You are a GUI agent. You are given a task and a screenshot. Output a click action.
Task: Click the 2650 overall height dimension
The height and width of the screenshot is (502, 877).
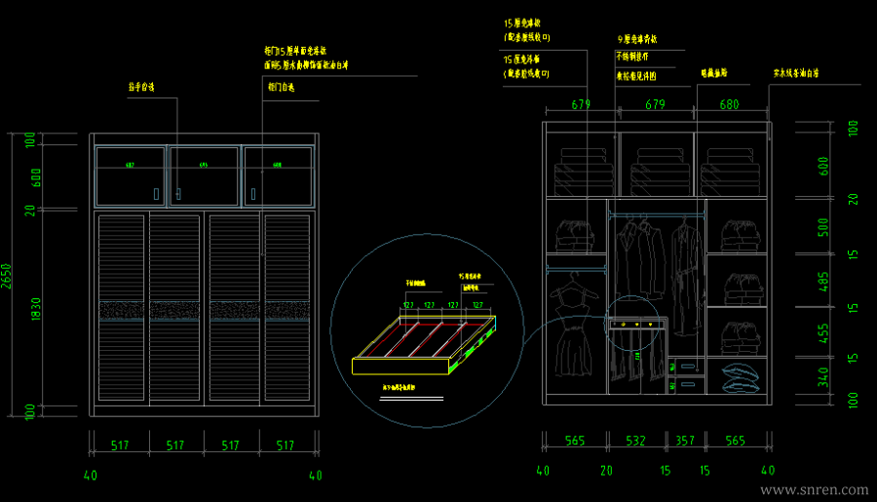[7, 278]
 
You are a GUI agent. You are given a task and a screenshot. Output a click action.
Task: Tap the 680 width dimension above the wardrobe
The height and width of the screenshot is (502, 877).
[729, 103]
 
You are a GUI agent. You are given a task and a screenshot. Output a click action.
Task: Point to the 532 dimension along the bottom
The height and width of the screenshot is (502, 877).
[635, 442]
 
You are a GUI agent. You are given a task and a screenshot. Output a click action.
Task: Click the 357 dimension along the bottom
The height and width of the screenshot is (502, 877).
[685, 442]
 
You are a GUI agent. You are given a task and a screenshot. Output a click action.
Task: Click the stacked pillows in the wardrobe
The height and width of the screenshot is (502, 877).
[741, 376]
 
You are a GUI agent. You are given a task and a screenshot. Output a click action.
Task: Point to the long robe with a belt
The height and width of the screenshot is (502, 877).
[686, 273]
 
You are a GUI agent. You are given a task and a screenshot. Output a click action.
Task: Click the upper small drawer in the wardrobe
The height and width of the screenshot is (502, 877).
[687, 366]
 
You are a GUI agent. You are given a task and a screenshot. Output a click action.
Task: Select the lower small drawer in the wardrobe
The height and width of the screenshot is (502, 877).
[687, 384]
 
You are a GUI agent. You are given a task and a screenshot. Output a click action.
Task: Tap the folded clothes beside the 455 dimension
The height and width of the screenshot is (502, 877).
[740, 336]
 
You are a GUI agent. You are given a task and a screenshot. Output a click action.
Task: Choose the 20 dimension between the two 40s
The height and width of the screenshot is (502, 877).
[606, 470]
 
